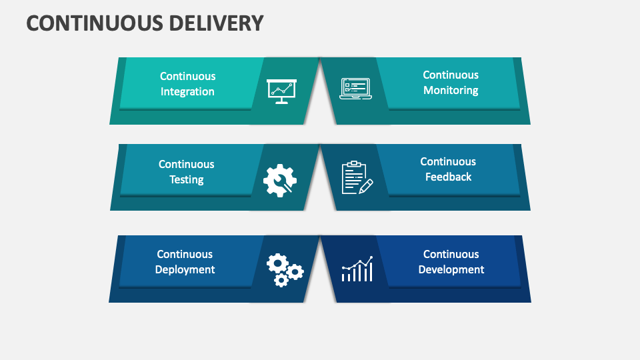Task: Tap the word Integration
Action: [187, 92]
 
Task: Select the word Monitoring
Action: [451, 91]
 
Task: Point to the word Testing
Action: [187, 180]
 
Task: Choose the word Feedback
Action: [448, 177]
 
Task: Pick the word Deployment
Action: [185, 270]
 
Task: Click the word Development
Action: [451, 270]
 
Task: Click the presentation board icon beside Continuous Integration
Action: [281, 91]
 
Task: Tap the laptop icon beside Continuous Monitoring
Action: [355, 89]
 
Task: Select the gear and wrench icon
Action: [280, 179]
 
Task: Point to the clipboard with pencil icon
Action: [357, 178]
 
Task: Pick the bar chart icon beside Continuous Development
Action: [357, 269]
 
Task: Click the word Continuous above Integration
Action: [187, 77]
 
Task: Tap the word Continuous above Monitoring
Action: [451, 75]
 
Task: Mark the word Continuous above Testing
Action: [187, 165]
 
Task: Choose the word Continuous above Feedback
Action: [448, 162]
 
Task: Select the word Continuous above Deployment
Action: [185, 255]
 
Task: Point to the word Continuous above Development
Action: [451, 255]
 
